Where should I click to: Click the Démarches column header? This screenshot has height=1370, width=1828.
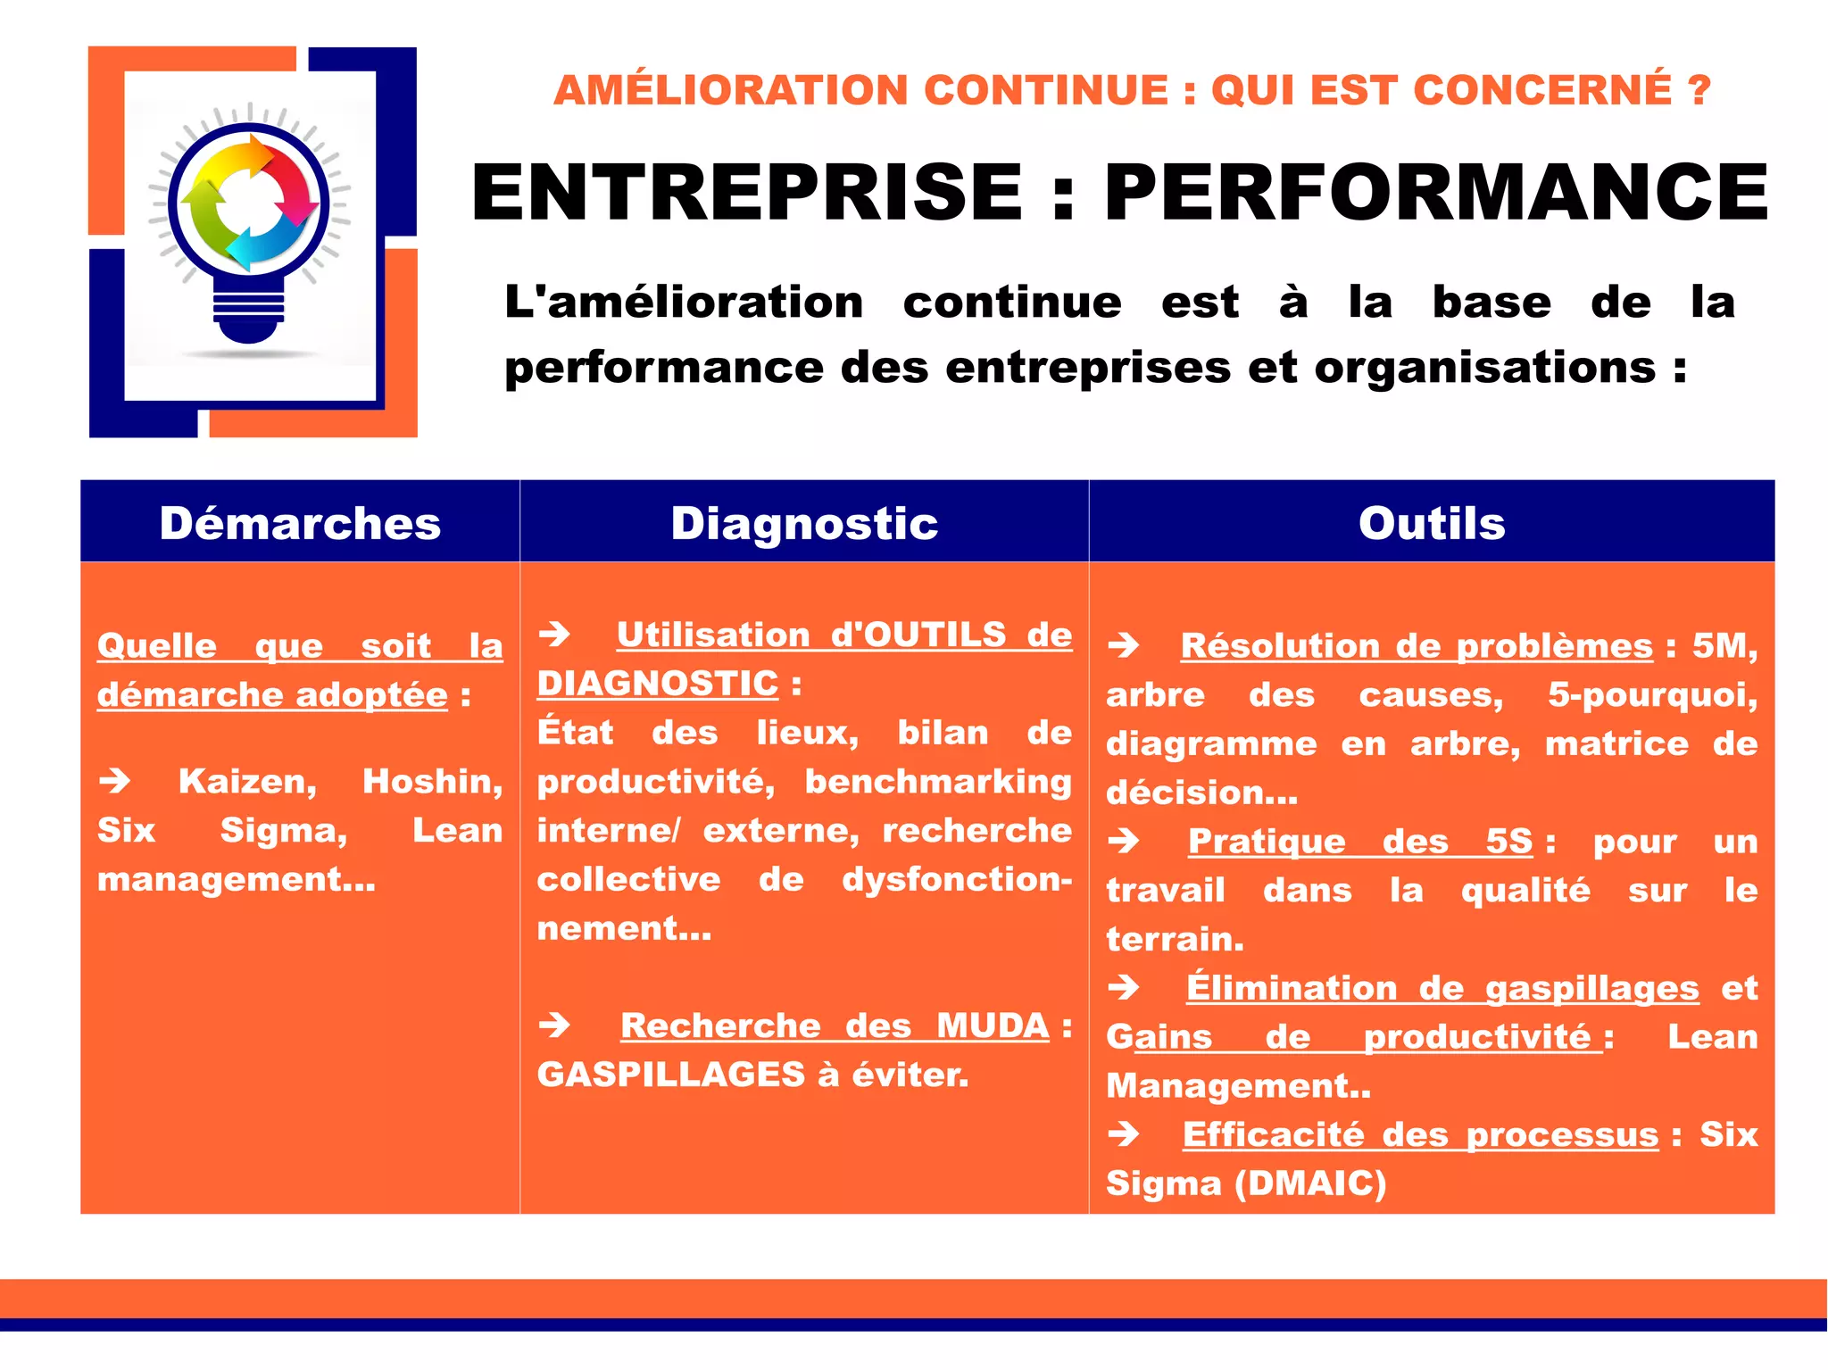300,523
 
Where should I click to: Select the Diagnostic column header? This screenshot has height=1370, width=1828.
804,523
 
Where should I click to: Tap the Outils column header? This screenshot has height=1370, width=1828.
1432,523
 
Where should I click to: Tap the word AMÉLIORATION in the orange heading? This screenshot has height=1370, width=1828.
731,90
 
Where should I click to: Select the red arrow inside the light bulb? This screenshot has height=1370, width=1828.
295,183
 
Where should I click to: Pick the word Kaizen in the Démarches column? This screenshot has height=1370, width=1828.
247,782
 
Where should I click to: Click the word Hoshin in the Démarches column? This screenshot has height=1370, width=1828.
432,782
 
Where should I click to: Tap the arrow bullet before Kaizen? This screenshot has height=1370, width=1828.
115,782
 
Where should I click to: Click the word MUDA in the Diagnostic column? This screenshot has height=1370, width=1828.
993,1026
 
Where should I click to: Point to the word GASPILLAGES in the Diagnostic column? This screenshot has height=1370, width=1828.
671,1075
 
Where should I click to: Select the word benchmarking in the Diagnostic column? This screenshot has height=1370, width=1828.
938,782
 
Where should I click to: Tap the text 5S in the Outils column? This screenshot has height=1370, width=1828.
1508,841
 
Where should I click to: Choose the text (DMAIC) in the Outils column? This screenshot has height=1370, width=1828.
1310,1183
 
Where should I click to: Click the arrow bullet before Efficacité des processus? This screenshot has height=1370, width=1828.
1124,1134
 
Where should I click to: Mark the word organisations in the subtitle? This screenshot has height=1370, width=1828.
1484,368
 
